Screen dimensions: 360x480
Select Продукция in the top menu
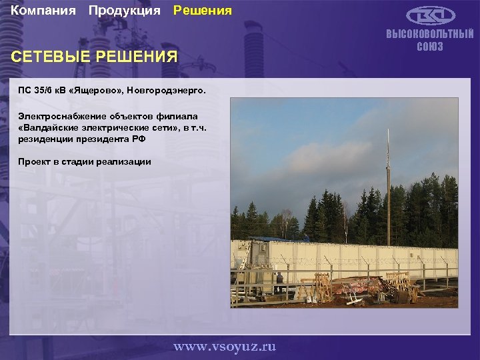pos(124,11)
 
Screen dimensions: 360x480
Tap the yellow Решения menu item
pos(203,11)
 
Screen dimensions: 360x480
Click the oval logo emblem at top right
pos(431,15)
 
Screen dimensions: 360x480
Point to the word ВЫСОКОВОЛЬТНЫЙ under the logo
pos(430,35)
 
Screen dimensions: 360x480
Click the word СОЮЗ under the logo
pos(430,47)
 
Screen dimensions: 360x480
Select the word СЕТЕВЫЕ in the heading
pos(51,57)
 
